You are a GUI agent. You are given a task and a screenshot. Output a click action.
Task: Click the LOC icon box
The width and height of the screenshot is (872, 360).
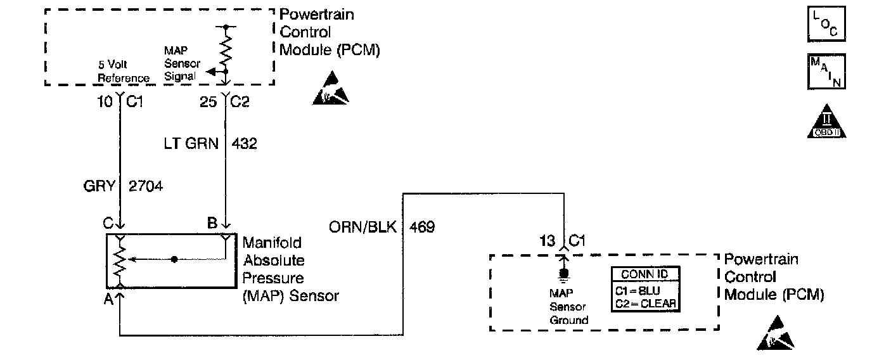click(826, 23)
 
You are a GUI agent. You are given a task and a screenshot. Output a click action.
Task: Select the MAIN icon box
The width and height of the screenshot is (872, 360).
click(826, 71)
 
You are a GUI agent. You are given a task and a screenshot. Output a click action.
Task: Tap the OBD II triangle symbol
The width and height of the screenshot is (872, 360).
click(826, 121)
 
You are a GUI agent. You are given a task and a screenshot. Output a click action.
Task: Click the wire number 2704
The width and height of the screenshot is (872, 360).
click(146, 186)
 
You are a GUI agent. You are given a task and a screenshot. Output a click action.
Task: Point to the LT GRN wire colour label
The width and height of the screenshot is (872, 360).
click(191, 144)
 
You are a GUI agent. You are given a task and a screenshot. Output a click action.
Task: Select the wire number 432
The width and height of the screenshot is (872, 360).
click(244, 144)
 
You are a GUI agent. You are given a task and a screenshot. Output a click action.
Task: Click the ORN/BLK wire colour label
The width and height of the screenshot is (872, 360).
click(362, 227)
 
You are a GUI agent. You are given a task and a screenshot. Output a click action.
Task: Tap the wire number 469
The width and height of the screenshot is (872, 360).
click(422, 227)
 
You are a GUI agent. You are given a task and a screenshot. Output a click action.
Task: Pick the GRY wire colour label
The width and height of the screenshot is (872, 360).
click(99, 186)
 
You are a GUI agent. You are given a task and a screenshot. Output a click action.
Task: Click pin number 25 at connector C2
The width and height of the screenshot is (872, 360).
click(208, 102)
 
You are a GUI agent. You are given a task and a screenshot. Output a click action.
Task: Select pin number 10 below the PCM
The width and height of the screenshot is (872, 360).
click(105, 102)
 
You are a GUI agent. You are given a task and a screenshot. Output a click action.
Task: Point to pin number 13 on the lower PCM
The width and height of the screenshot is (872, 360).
click(547, 241)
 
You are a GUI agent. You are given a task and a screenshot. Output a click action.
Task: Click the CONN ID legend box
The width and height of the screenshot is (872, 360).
click(645, 289)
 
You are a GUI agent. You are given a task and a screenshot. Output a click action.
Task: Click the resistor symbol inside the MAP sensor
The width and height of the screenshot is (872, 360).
click(120, 260)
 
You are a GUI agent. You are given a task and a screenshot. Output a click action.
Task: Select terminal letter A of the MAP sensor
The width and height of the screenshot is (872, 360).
click(108, 299)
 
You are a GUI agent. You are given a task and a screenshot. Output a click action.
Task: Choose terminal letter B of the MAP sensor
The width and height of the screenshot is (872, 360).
click(212, 223)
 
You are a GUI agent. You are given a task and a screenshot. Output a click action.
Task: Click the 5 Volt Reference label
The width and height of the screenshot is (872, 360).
click(124, 71)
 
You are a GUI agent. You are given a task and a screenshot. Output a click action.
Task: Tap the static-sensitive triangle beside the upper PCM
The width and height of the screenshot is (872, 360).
click(331, 88)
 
